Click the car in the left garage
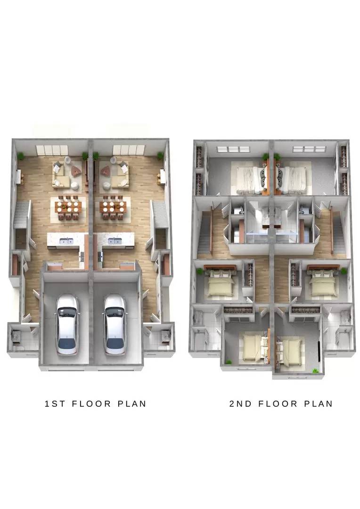pyautogui.click(x=67, y=324)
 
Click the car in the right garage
pyautogui.click(x=115, y=324)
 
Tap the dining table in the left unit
pyautogui.click(x=68, y=207)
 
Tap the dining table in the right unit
pyautogui.click(x=113, y=207)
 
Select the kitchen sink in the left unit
pyautogui.click(x=67, y=241)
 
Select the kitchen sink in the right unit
pyautogui.click(x=114, y=241)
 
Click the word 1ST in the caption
pyautogui.click(x=55, y=404)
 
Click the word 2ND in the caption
pyautogui.click(x=240, y=404)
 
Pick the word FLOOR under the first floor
pyautogui.click(x=91, y=404)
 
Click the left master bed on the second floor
pyautogui.click(x=249, y=180)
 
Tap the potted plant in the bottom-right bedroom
pyautogui.click(x=315, y=370)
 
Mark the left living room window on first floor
pyautogui.click(x=52, y=150)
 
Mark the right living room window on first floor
pyautogui.click(x=129, y=150)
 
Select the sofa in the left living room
pyautogui.click(x=61, y=176)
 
